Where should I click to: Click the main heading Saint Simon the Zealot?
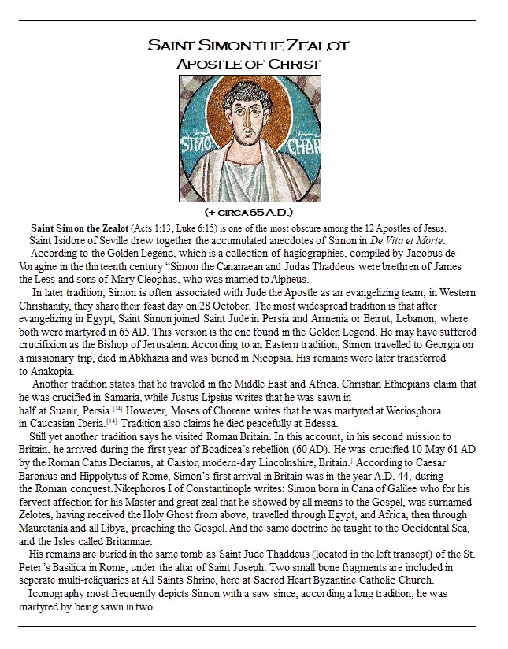click(x=247, y=46)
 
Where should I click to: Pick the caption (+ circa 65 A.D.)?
click(x=248, y=213)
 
